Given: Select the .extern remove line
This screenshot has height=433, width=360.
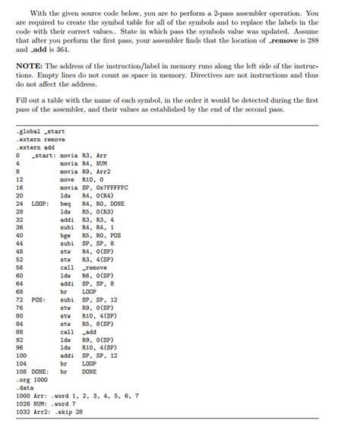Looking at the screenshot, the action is [x=40, y=140].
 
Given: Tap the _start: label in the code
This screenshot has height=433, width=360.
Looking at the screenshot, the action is [x=43, y=156].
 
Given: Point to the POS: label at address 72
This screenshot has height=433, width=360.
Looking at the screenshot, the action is [x=39, y=299].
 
